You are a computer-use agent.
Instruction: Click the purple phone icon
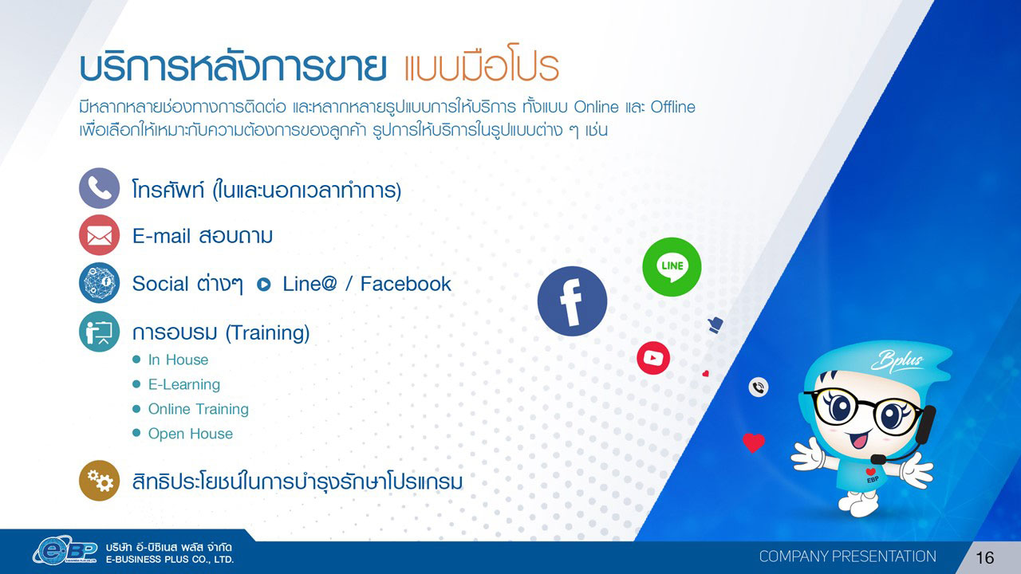[100, 188]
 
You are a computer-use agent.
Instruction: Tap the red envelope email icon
[100, 235]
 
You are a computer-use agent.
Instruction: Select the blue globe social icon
[100, 283]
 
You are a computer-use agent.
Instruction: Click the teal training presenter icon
[100, 332]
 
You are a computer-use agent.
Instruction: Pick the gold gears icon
[100, 481]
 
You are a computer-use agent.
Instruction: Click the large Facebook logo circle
[572, 301]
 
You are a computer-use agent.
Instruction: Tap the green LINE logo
[672, 267]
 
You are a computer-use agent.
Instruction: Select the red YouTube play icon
[653, 358]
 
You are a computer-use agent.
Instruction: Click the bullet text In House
[178, 360]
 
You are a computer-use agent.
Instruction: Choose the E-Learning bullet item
[184, 384]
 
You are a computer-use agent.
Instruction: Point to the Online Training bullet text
[199, 409]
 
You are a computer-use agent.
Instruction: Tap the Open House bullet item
[191, 434]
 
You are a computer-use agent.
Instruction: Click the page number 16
[985, 557]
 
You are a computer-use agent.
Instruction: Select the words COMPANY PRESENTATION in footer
[848, 556]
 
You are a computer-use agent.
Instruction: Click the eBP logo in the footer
[65, 551]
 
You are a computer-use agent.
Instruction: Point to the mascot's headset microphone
[878, 458]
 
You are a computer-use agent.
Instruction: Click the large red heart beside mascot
[754, 442]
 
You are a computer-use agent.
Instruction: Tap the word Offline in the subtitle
[672, 107]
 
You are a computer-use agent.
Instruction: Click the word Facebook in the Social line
[406, 284]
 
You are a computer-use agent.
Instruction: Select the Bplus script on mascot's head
[897, 361]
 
